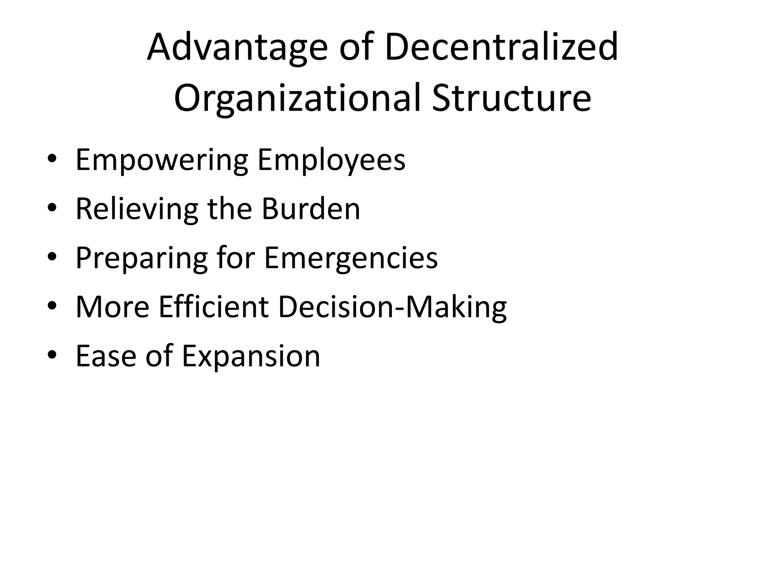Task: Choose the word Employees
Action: (x=331, y=160)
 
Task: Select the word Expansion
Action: (x=251, y=356)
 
